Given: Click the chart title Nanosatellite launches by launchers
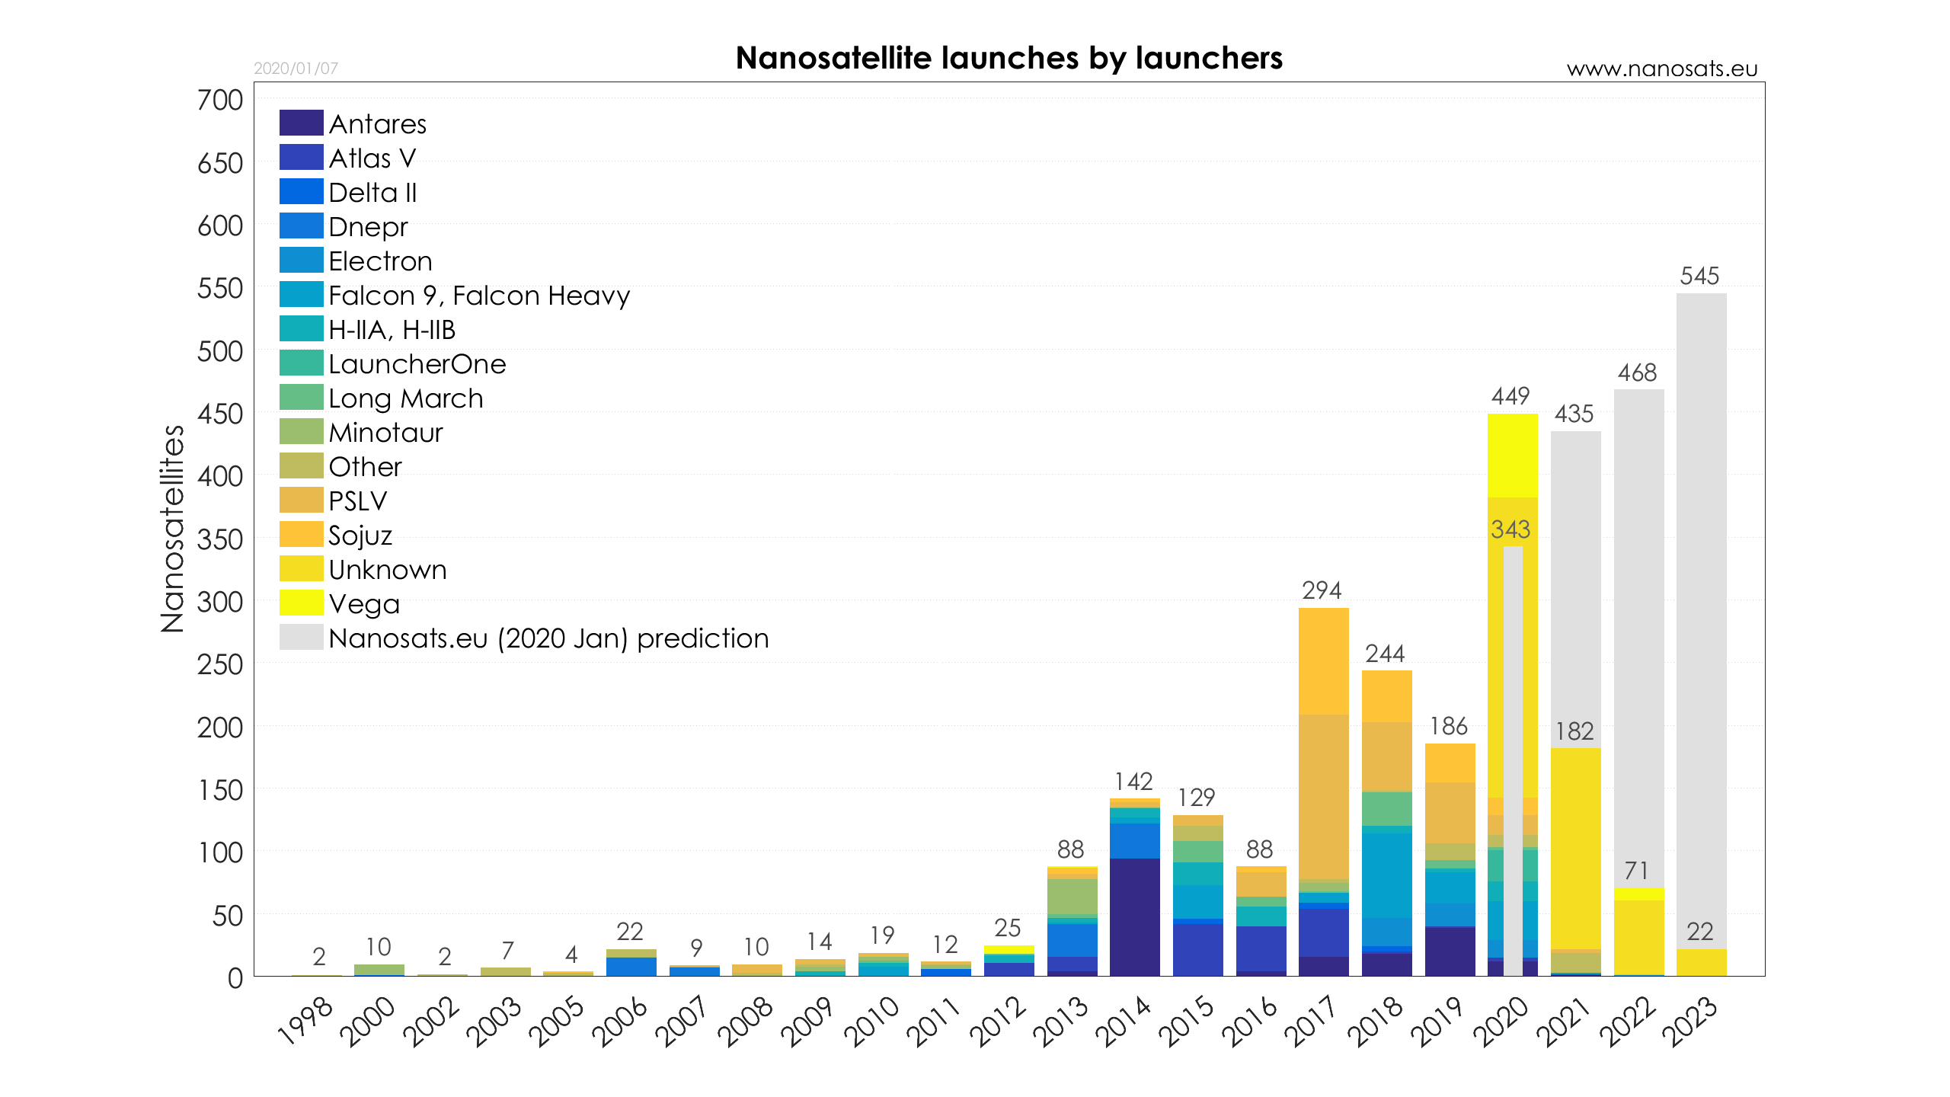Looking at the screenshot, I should click(x=1009, y=59).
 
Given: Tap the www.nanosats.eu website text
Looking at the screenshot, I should click(x=1661, y=69).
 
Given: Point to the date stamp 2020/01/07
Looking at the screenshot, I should click(x=296, y=69).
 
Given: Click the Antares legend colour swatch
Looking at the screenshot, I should click(x=301, y=123).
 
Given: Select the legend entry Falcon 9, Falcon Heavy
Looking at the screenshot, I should click(x=478, y=295).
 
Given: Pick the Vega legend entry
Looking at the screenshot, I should click(x=363, y=603).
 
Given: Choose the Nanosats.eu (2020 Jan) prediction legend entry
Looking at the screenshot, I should click(x=548, y=638).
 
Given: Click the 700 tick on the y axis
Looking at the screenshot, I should click(x=220, y=100).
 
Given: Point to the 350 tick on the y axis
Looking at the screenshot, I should click(x=220, y=539).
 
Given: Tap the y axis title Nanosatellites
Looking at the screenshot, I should click(x=173, y=529).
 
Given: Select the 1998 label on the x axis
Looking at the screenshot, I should click(x=305, y=1021).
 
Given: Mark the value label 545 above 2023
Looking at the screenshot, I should click(x=1699, y=276).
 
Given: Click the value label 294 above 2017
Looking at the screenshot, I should click(x=1322, y=590).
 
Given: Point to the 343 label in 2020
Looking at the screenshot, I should click(x=1510, y=529).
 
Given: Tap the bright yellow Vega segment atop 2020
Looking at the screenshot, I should click(x=1512, y=456).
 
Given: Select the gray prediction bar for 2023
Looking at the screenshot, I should click(x=1701, y=609).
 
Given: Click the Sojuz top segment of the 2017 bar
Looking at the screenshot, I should click(x=1323, y=660).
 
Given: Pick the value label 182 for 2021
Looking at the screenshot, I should click(x=1574, y=731).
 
